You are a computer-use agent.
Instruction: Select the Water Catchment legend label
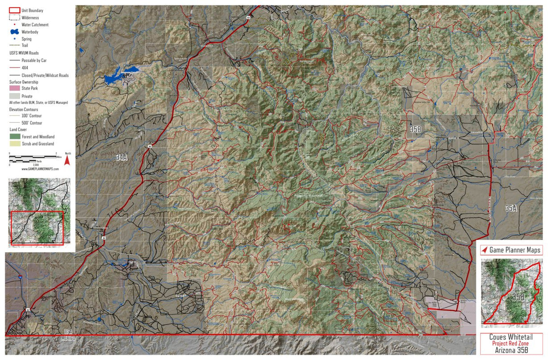[35, 25]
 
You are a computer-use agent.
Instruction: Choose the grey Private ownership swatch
[14, 96]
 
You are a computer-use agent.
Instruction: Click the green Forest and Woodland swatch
[14, 137]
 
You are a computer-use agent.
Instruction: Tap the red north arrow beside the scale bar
[67, 160]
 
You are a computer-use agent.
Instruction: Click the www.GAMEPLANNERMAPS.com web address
[40, 169]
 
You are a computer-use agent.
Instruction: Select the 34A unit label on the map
[121, 157]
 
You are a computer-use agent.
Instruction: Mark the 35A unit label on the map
[511, 208]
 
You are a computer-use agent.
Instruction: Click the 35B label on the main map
[415, 130]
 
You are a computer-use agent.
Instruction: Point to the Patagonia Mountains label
[309, 196]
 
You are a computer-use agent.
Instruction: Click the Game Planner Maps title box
[511, 250]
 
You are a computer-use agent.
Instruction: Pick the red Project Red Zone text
[511, 344]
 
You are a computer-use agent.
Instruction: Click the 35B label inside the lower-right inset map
[517, 297]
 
